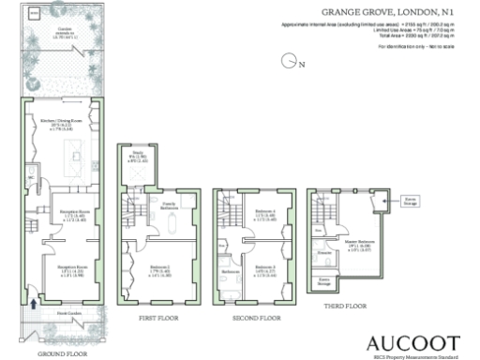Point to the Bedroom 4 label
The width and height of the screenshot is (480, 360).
coord(266,214)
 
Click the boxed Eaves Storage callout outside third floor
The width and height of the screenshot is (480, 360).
coord(410,199)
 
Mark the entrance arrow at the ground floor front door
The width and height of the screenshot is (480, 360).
coord(35,303)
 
